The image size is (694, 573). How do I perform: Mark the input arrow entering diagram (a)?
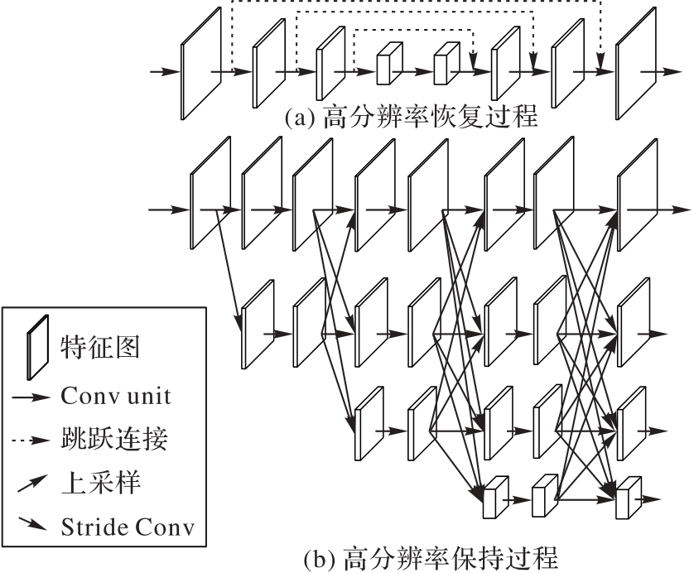[x=164, y=72]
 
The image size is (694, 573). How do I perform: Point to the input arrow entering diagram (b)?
[x=164, y=209]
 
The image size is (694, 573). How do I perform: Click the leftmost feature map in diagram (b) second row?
[x=258, y=324]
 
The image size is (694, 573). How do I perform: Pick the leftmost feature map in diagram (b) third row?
[x=370, y=422]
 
